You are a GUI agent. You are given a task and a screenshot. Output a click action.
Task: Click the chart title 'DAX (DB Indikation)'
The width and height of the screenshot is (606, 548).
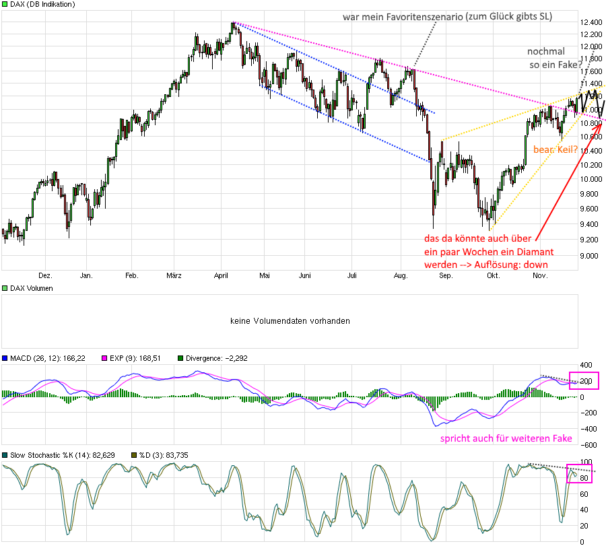[41, 4]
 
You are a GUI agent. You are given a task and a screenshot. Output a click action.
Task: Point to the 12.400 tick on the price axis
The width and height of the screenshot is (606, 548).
[590, 22]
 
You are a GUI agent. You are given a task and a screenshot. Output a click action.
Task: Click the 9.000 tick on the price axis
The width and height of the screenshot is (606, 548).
[588, 256]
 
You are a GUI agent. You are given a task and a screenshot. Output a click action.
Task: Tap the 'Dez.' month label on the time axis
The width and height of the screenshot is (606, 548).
[45, 275]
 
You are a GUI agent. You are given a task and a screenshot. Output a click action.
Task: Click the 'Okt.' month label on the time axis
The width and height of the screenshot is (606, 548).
[494, 275]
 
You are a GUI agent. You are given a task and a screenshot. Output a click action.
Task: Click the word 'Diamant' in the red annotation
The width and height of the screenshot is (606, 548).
[535, 252]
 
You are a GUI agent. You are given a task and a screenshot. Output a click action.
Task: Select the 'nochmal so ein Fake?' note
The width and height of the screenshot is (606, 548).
[555, 58]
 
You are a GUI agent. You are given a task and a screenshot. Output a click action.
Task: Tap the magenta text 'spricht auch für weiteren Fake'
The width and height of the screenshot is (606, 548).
[506, 438]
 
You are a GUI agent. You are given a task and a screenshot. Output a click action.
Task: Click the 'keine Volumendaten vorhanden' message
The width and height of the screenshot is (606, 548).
[290, 321]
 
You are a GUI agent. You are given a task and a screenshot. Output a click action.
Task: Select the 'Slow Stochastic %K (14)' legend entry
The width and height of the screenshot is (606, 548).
[57, 455]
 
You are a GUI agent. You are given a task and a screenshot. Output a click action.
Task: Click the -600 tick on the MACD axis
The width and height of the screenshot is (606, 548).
[587, 445]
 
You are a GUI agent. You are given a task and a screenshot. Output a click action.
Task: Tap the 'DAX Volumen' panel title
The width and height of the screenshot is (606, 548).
[32, 288]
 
